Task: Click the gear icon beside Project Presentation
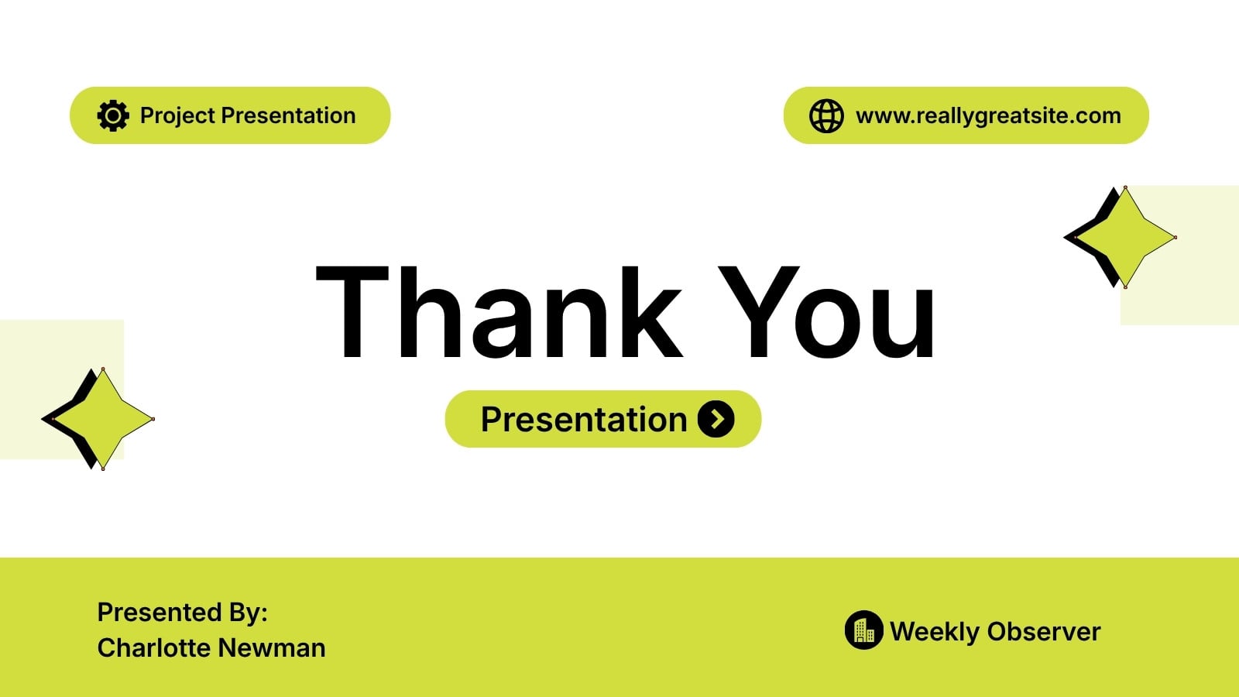(113, 115)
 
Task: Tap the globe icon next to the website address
(826, 115)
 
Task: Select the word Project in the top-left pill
(177, 116)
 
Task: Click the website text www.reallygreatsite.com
(988, 116)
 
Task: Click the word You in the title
(826, 313)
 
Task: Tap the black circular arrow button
(716, 419)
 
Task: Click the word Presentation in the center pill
(584, 419)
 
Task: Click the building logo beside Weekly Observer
(863, 630)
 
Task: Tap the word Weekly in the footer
(934, 632)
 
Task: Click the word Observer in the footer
(1044, 632)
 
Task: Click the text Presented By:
(183, 612)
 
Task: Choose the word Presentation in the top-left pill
(288, 115)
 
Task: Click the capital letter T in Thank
(352, 313)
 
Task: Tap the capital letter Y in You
(758, 313)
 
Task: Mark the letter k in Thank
(651, 313)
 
